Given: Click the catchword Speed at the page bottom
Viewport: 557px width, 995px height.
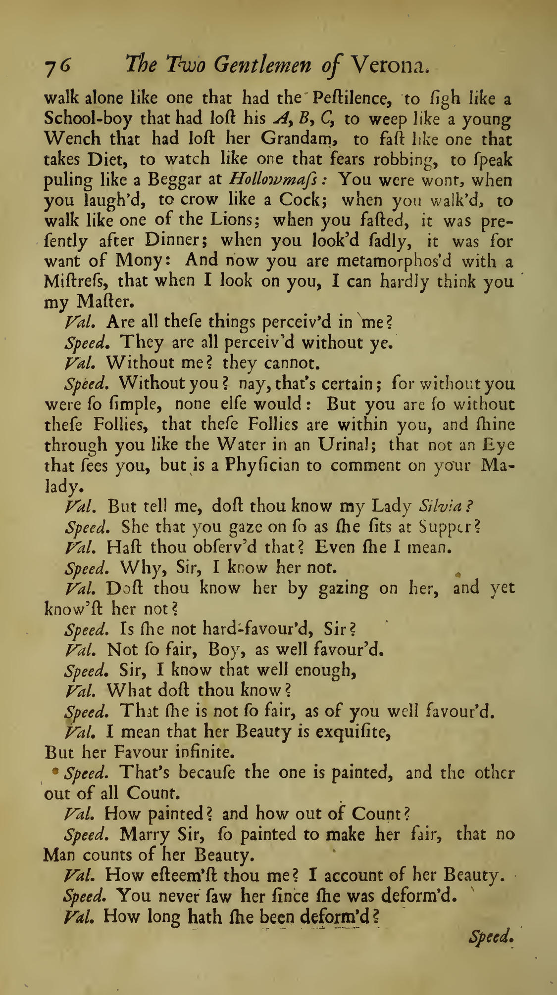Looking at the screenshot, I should tap(490, 936).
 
